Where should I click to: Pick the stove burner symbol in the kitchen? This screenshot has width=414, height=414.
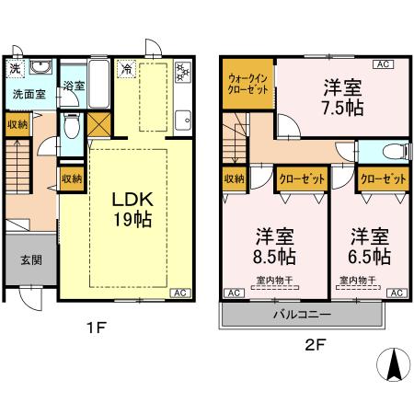[180, 70]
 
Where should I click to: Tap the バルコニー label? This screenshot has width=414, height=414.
[302, 314]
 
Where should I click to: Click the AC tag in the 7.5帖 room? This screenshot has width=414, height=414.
[383, 64]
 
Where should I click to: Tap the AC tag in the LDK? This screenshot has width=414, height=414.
[182, 293]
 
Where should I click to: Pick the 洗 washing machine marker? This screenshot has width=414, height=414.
[15, 69]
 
